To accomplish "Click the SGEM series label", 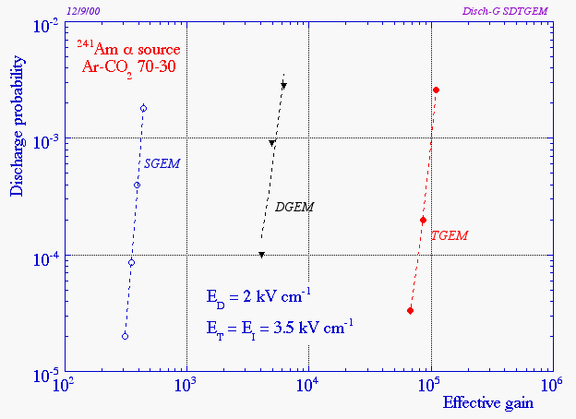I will (162, 163).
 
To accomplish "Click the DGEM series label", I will (294, 207).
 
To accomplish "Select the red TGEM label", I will (450, 236).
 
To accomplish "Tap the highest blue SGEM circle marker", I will (143, 108).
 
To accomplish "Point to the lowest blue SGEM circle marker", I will (125, 336).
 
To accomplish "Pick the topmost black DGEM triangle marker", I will (283, 86).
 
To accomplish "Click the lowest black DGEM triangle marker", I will (262, 255).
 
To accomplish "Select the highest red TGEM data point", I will (436, 90).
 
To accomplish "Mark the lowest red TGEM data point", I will (410, 311).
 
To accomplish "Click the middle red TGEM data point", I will (423, 221).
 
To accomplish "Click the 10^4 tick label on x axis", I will (307, 385).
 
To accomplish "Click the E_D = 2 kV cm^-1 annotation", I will (258, 297).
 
